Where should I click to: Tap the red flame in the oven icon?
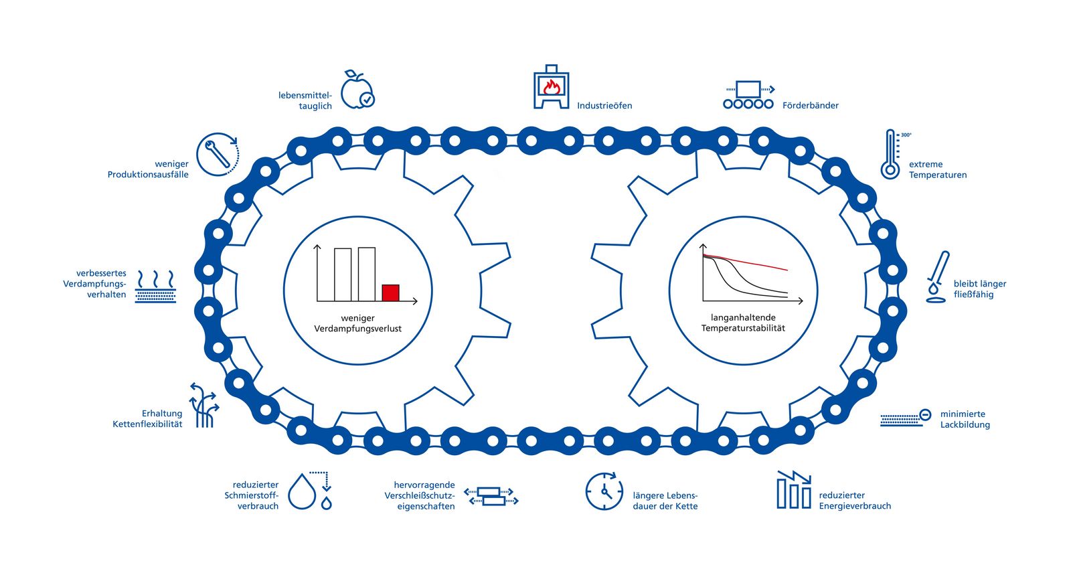552,87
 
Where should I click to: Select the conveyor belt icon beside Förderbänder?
748,94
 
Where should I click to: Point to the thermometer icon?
890,154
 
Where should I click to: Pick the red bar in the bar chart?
391,293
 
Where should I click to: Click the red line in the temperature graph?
745,262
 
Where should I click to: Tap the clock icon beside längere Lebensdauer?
604,491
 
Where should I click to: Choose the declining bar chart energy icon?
794,490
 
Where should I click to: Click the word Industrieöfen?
604,105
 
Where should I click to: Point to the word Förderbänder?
811,105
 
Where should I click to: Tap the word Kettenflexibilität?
147,424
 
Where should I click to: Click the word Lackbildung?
965,424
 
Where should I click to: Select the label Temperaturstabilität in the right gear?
743,328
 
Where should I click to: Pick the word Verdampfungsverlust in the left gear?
357,329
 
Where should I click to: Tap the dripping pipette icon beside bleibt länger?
938,277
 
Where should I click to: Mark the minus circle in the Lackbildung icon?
925,415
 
